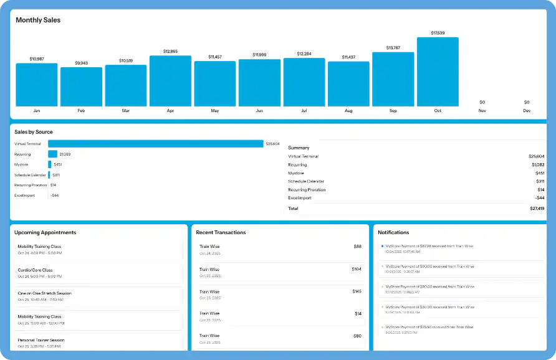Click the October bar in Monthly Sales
point(438,72)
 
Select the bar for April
point(170,81)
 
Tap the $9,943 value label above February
point(81,63)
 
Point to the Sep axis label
point(393,111)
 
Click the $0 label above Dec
point(527,102)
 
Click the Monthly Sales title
point(38,20)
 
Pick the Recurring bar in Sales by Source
point(52,154)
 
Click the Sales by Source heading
point(34,132)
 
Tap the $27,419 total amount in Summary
point(536,209)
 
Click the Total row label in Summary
point(293,209)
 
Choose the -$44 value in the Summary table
point(540,198)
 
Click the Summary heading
point(299,148)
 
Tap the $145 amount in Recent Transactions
point(357,291)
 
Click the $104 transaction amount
point(357,269)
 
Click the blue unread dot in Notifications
point(382,246)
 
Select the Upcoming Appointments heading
point(46,232)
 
